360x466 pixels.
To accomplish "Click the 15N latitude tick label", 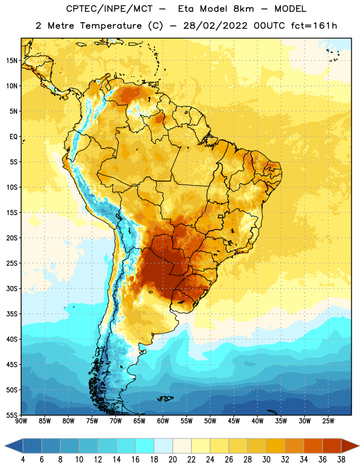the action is (12, 61).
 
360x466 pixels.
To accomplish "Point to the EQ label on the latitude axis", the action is (13, 137).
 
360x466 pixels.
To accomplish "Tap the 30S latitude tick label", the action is (12, 288).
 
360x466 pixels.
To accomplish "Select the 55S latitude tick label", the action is (12, 415).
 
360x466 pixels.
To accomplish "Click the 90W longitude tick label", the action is (21, 421).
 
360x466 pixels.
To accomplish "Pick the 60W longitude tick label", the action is (163, 421).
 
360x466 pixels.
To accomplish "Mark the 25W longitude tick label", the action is (328, 421).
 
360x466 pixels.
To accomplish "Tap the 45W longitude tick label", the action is (234, 421).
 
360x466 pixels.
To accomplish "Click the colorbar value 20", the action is (172, 460).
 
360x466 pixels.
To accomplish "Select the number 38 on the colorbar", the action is (341, 460).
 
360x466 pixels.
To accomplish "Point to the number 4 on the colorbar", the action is (23, 460).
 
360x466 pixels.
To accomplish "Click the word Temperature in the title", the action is (111, 26).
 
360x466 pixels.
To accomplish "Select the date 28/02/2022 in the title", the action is (215, 26).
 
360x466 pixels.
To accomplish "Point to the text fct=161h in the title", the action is (314, 26).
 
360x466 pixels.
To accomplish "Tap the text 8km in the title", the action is (243, 9).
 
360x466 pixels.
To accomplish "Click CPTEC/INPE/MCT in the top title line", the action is (110, 9).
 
